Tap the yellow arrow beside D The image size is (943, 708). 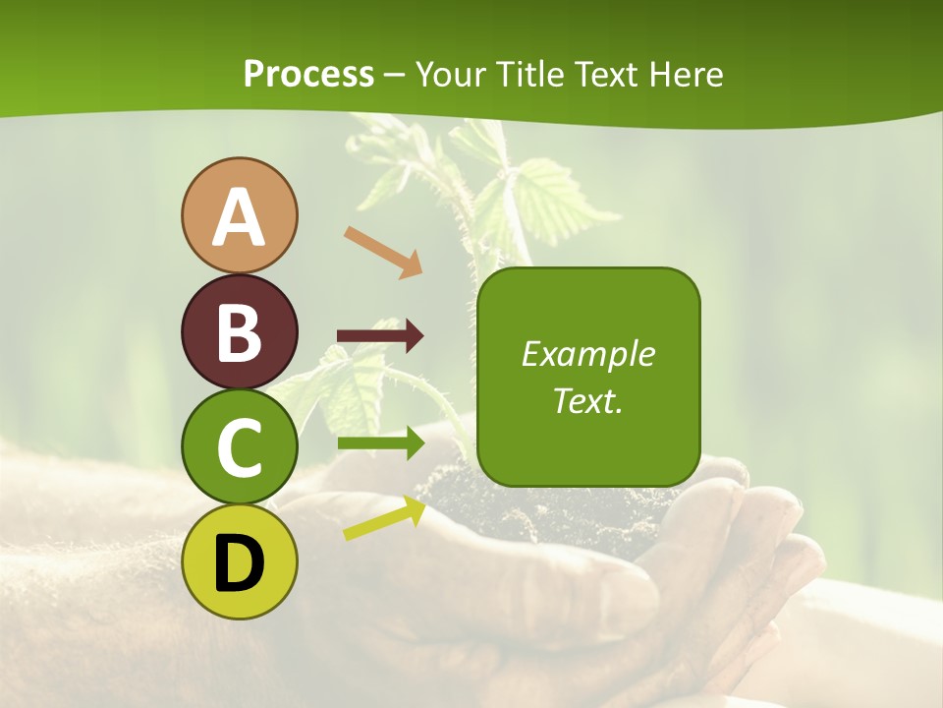point(384,518)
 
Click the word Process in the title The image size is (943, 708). point(308,75)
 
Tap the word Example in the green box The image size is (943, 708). point(587,354)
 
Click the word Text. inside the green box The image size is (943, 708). point(587,400)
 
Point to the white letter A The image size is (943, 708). point(239,216)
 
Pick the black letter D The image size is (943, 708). point(239,563)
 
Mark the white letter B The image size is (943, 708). point(239,332)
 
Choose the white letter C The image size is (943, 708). point(239,447)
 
